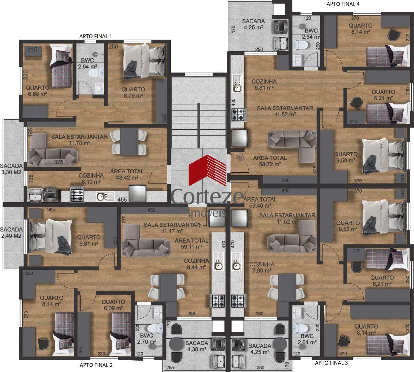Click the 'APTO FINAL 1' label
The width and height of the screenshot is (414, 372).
96,36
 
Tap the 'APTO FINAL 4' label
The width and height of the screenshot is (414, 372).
343,4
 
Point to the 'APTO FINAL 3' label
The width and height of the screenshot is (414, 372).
331,363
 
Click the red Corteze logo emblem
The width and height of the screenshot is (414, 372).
207,170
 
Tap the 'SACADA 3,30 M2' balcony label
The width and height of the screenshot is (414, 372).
11,169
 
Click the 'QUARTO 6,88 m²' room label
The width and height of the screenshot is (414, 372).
38,91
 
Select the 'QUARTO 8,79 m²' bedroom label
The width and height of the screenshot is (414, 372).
133,92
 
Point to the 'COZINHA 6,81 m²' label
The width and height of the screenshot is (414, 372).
264,85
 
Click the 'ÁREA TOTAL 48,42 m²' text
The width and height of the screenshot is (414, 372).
127,174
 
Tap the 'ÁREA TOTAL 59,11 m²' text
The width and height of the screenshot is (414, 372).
191,244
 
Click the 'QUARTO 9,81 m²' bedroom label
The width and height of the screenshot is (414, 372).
89,240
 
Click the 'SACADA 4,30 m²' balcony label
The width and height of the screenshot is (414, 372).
197,346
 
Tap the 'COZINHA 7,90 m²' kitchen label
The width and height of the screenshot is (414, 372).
262,267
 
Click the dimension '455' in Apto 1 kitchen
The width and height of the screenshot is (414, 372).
122,199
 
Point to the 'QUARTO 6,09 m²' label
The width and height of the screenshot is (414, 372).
113,305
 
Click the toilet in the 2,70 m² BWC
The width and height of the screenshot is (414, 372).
155,328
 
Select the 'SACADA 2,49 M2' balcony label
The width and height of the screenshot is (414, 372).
11,233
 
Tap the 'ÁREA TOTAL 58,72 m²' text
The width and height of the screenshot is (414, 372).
270,161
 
